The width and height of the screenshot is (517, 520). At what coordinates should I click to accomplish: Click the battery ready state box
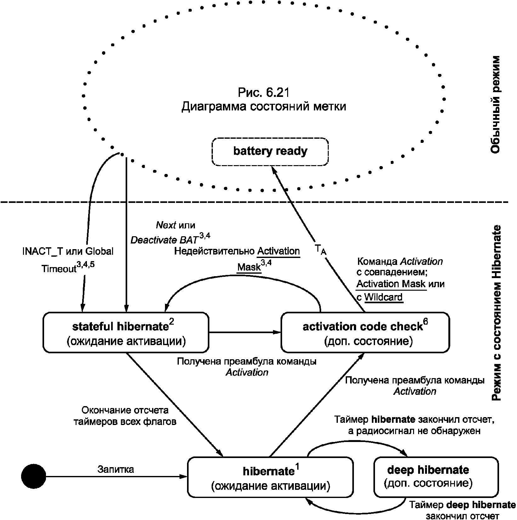pyautogui.click(x=270, y=151)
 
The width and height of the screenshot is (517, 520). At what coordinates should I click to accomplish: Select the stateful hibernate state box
pyautogui.click(x=126, y=332)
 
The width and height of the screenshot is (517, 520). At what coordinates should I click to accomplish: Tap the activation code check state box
pyautogui.click(x=365, y=332)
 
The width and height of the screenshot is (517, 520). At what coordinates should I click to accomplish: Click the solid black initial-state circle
pyautogui.click(x=34, y=477)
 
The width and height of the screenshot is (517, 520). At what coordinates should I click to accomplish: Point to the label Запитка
pyautogui.click(x=116, y=469)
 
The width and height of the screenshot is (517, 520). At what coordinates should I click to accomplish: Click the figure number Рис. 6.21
pyautogui.click(x=264, y=92)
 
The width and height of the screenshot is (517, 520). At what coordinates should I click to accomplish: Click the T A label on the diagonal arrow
pyautogui.click(x=321, y=250)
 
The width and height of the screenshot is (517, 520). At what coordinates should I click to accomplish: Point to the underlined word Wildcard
pyautogui.click(x=383, y=297)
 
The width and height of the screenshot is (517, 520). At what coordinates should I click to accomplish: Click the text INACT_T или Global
pyautogui.click(x=68, y=251)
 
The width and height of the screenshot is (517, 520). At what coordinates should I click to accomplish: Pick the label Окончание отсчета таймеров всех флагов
pyautogui.click(x=125, y=416)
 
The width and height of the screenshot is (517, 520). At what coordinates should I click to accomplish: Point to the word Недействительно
pyautogui.click(x=214, y=251)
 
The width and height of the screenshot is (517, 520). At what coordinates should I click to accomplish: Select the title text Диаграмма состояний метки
pyautogui.click(x=264, y=106)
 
